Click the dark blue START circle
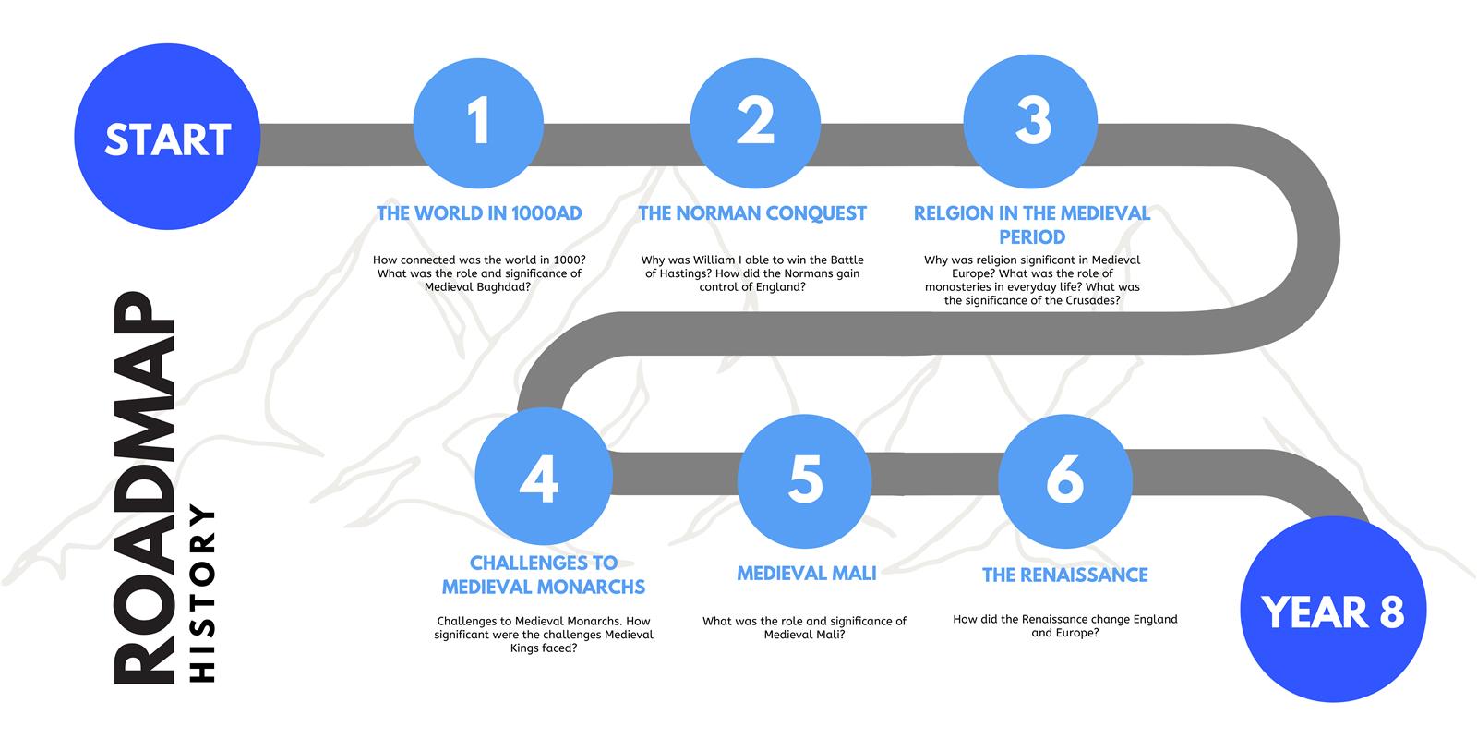click(x=167, y=137)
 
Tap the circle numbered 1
click(x=479, y=123)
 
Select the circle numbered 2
click(x=756, y=123)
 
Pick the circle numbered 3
click(x=1030, y=121)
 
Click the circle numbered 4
click(x=544, y=477)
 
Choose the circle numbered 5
click(x=804, y=481)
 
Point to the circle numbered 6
click(x=1065, y=481)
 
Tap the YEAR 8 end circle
click(x=1333, y=609)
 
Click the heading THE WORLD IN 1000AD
click(x=479, y=213)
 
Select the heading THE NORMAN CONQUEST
click(x=752, y=213)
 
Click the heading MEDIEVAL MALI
click(x=807, y=574)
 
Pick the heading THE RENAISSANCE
click(x=1065, y=575)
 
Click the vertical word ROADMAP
click(x=144, y=488)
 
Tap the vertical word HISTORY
click(x=202, y=594)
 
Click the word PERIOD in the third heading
click(x=1032, y=236)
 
